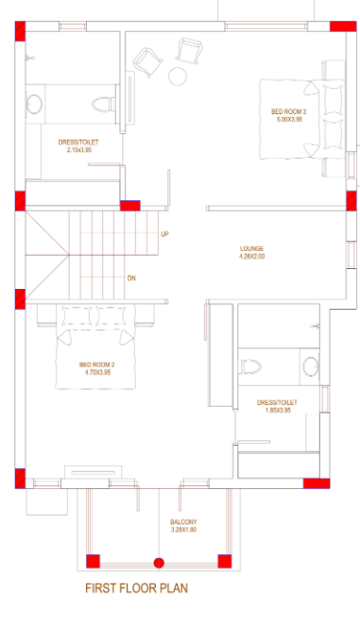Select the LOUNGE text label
pyautogui.click(x=251, y=248)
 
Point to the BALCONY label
pyautogui.click(x=183, y=522)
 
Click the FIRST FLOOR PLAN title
pyautogui.click(x=136, y=588)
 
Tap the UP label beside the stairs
pyautogui.click(x=165, y=234)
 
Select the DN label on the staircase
pyautogui.click(x=132, y=278)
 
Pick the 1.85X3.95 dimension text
pyautogui.click(x=277, y=410)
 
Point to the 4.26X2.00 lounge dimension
pyautogui.click(x=251, y=256)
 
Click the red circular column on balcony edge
pyautogui.click(x=159, y=563)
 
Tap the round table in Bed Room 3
pyautogui.click(x=177, y=76)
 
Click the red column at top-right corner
pyautogui.click(x=351, y=30)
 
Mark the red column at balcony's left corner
pyautogui.click(x=93, y=562)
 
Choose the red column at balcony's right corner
pyautogui.click(x=225, y=562)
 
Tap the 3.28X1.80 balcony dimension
pyautogui.click(x=183, y=530)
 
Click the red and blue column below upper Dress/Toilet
pyautogui.click(x=130, y=204)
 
